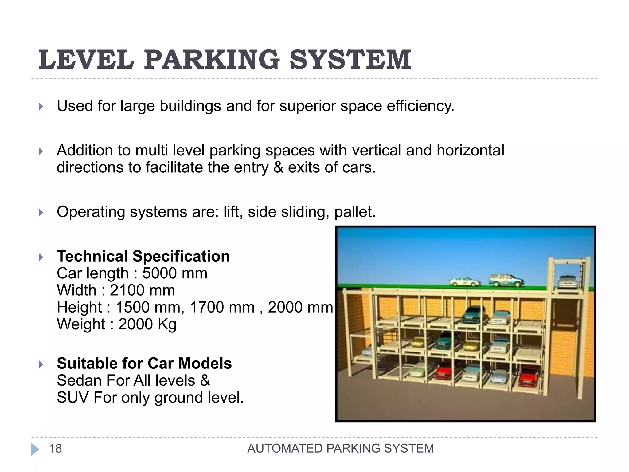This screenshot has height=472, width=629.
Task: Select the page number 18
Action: [55, 449]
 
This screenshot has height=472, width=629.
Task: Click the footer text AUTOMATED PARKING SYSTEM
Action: [341, 449]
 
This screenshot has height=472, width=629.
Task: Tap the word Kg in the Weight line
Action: [167, 324]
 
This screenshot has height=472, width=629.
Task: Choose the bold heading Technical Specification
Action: [143, 256]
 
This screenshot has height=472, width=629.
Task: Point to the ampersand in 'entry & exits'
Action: [278, 167]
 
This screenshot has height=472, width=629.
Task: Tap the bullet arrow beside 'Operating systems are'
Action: [41, 212]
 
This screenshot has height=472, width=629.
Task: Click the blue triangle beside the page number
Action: [35, 449]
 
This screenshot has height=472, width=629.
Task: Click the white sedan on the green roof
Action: [464, 281]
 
